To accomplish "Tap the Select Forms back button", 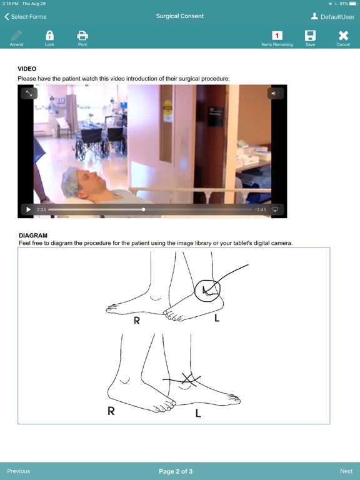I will (26, 17).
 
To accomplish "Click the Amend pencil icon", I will (17, 36).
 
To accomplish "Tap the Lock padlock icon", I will (49, 36).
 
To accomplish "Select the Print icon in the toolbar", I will (82, 36).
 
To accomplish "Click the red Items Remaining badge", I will (277, 36).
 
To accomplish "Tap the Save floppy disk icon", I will (310, 36).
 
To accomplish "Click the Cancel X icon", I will (343, 36).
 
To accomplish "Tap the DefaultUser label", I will (337, 17).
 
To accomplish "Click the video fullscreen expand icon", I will (29, 93).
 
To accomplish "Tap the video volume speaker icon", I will (275, 93).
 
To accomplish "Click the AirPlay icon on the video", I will (275, 209).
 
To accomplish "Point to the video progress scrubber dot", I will (144, 209).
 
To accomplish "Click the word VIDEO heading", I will (27, 69).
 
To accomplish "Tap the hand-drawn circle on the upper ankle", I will (208, 289).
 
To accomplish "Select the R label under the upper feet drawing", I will (136, 321).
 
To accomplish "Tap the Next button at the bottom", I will (346, 471).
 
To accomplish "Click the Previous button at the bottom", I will (19, 471).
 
